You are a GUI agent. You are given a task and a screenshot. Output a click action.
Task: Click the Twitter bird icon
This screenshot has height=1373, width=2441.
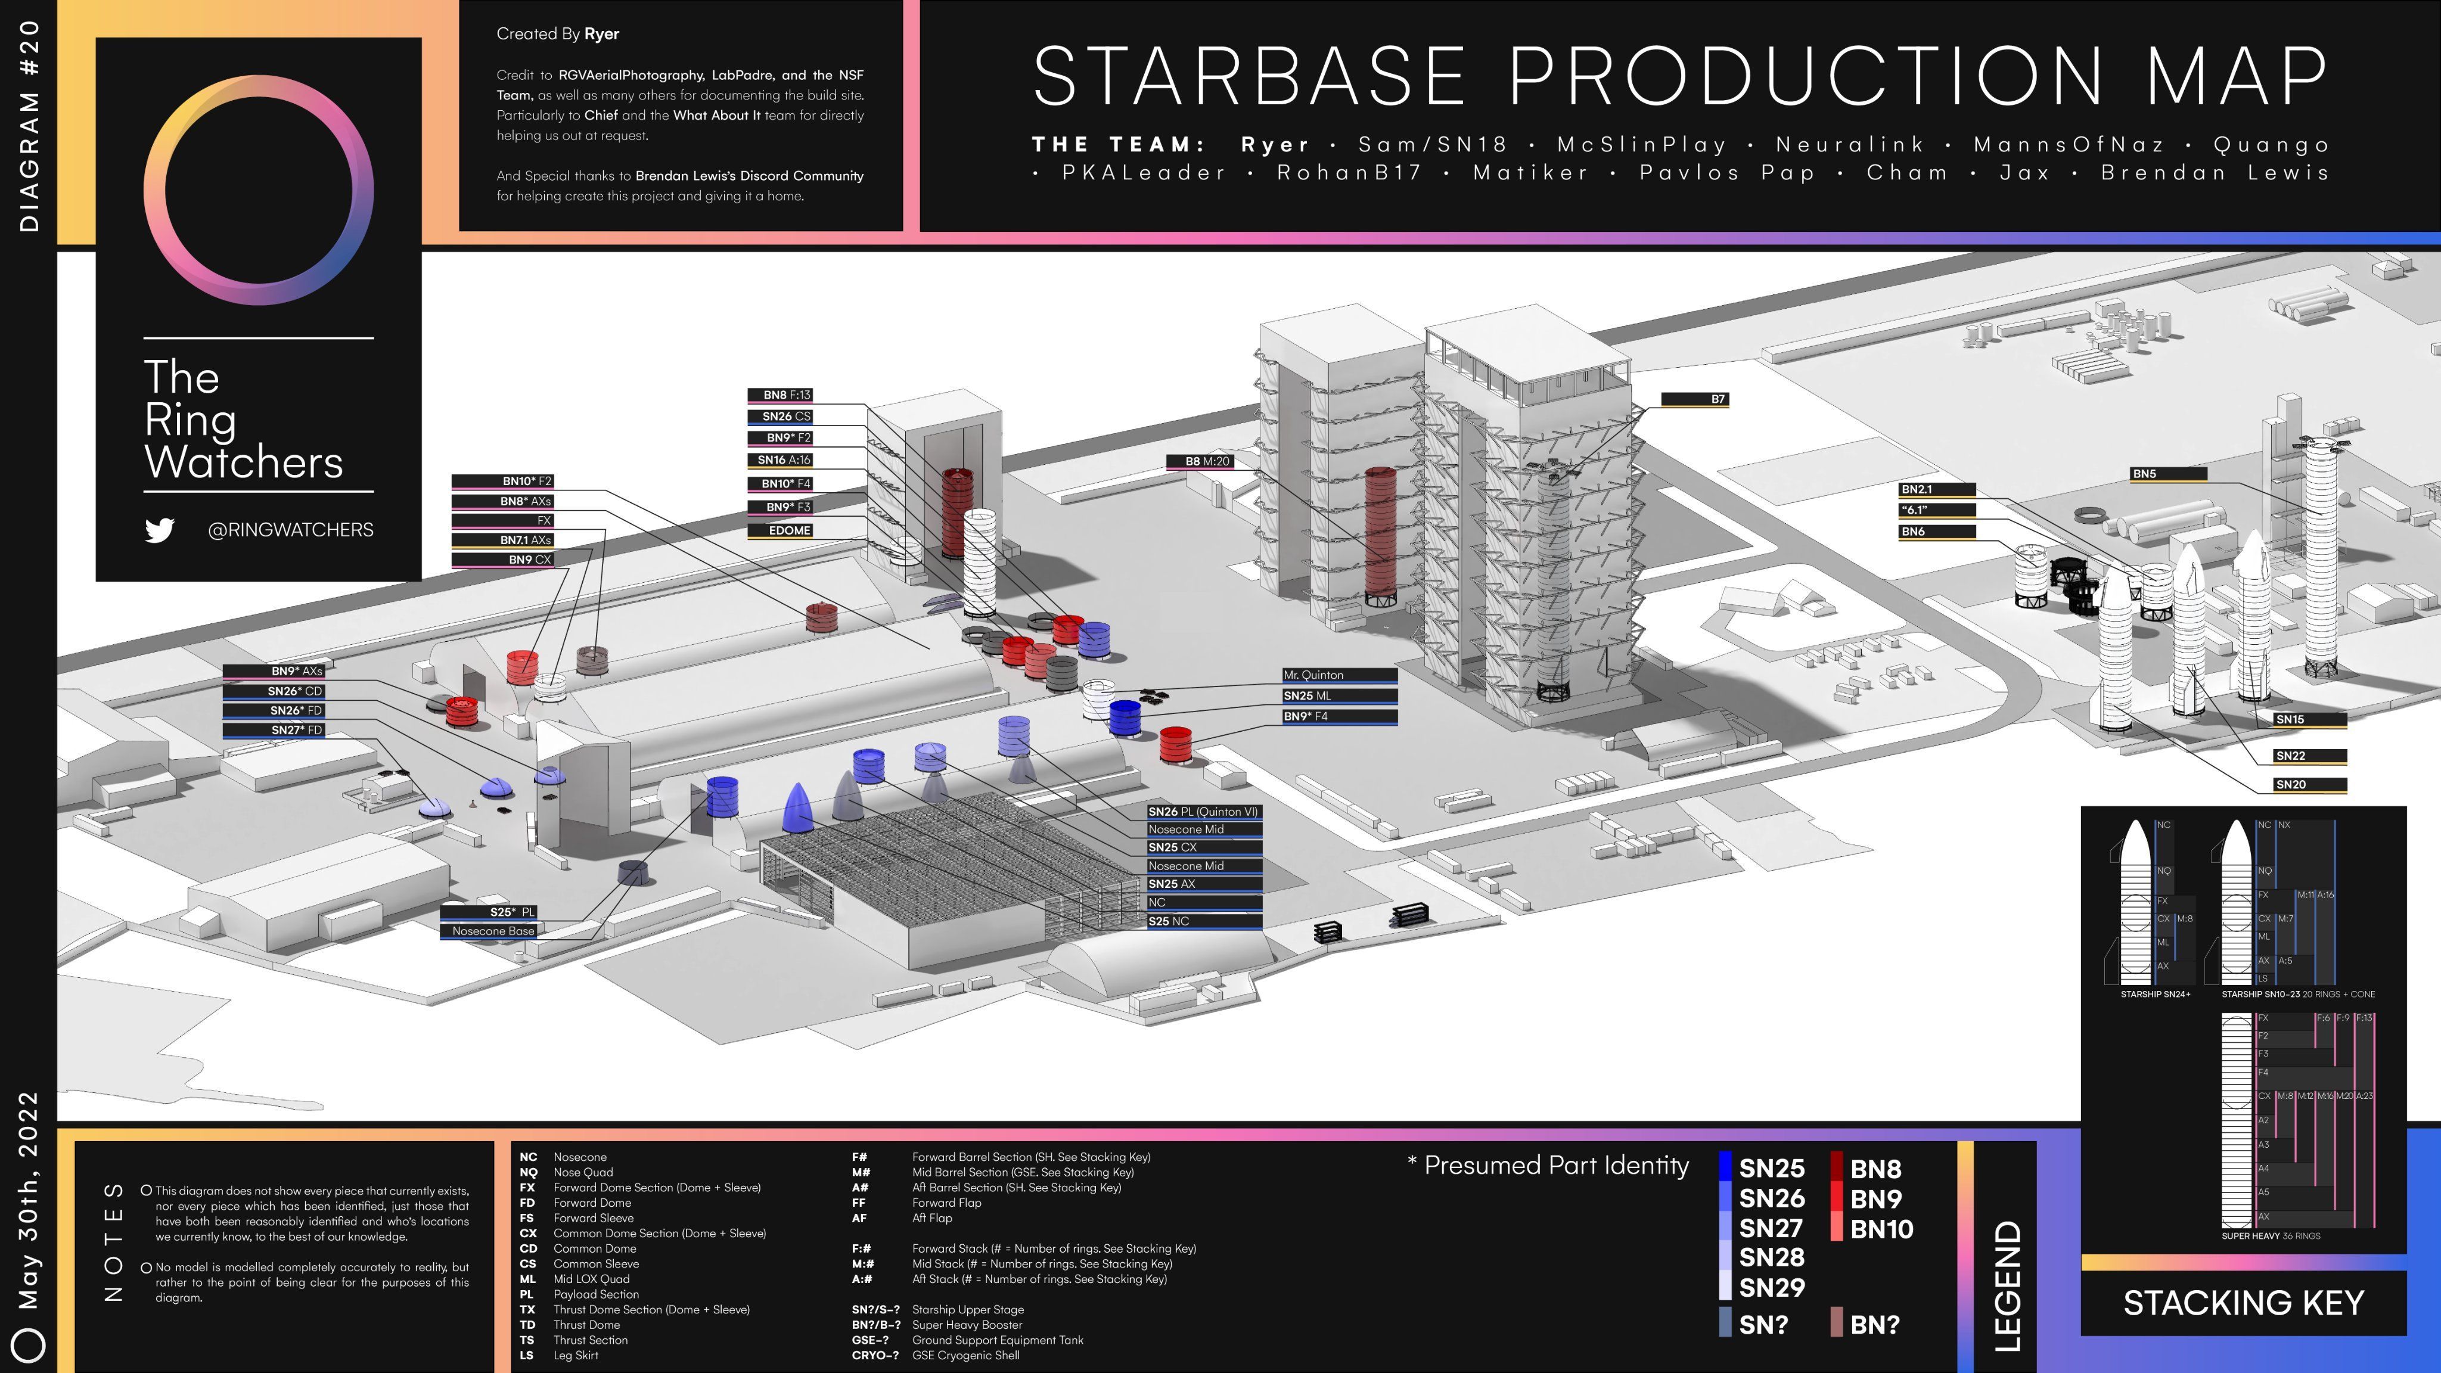point(159,530)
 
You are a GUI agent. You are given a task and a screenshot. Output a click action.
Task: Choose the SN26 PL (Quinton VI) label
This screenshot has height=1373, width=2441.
point(1203,812)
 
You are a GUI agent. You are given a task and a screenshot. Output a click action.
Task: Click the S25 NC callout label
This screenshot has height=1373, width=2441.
point(1203,921)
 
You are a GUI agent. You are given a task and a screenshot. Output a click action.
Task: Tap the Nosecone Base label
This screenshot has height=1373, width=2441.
point(489,931)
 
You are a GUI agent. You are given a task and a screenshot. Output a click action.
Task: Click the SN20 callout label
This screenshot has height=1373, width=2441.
point(2309,785)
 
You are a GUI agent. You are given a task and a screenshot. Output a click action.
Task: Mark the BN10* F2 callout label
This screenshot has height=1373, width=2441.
point(502,482)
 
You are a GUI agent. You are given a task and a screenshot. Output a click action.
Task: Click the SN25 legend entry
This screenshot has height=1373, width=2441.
point(1770,1169)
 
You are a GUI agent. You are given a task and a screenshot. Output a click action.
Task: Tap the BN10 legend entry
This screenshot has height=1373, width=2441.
point(1881,1229)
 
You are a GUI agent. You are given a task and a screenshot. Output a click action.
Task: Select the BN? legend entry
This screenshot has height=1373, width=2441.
point(1874,1325)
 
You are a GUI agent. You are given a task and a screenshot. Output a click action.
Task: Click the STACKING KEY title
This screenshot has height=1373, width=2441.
point(2243,1303)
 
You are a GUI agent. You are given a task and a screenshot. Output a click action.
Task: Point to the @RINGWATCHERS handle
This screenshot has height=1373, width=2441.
point(290,530)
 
